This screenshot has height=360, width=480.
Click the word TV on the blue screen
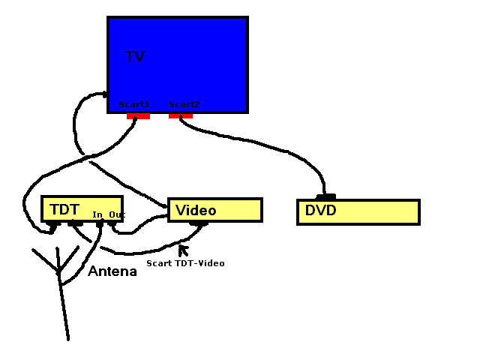134,57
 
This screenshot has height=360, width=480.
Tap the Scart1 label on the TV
134,104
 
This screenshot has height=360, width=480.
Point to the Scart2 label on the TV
184,104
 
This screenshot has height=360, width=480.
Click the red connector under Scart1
138,116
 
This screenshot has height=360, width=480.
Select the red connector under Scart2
180,115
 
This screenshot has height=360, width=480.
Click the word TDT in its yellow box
64,208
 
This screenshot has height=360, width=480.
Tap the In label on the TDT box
97,215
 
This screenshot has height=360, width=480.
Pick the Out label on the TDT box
116,215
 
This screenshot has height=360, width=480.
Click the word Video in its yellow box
196,211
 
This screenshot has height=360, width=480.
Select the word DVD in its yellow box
320,211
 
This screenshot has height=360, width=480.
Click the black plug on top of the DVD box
326,197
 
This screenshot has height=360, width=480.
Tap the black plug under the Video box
199,223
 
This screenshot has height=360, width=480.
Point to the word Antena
112,271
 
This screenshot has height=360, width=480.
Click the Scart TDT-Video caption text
185,263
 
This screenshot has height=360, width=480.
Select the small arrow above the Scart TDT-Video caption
182,249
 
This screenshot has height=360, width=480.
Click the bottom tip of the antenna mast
68,339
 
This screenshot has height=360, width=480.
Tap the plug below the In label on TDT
99,223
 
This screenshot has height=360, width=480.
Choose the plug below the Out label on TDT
112,223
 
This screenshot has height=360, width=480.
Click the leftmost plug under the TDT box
53,223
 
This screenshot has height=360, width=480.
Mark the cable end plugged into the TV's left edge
105,94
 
